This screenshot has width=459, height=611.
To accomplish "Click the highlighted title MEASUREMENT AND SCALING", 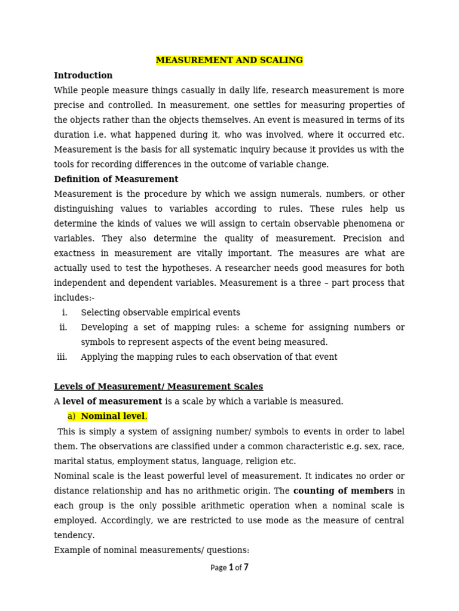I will click(x=229, y=60).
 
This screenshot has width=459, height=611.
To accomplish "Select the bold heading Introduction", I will click(x=83, y=76).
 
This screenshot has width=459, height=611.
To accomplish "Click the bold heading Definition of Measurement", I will click(x=116, y=179).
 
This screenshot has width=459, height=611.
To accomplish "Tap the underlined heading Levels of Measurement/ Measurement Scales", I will click(x=158, y=387).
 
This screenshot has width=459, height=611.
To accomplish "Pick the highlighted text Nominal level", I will click(x=114, y=416).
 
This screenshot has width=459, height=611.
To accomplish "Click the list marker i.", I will click(x=65, y=313).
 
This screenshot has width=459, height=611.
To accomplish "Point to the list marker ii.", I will click(x=63, y=328).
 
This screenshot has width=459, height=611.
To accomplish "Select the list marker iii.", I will click(x=62, y=357).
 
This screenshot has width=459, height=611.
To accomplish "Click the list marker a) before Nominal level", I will click(x=72, y=416).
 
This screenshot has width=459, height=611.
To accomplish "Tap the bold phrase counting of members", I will click(x=343, y=491).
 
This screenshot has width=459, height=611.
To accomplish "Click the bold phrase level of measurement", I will click(x=112, y=402).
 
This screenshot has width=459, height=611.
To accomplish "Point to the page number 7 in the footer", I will click(x=246, y=567).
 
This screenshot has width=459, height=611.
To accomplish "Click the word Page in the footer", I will click(x=218, y=568).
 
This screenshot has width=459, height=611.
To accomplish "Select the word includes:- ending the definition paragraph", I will click(x=74, y=298).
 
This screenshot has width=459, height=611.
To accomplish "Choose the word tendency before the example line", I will click(x=74, y=535).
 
